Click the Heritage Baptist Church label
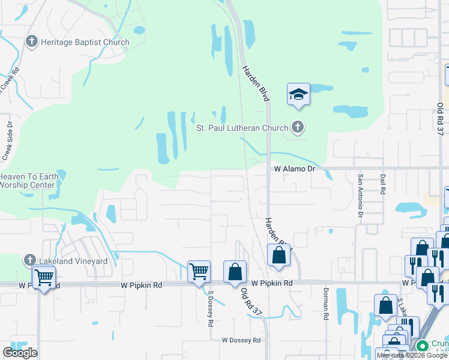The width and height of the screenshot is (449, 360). tap(85, 42)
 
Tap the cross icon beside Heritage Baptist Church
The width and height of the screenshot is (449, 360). tap(31, 42)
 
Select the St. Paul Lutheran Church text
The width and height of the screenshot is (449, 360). tap(243, 127)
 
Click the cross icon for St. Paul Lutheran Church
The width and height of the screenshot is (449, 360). tap(297, 127)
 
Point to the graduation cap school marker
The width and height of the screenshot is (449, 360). tap(298, 94)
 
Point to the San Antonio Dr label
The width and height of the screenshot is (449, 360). tap(361, 195)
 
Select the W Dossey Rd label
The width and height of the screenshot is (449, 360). tap(241, 340)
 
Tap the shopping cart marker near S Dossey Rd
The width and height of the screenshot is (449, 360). tap(199, 271)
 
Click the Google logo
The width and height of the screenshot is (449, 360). tap(20, 352)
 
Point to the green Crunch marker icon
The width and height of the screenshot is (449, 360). tap(423, 346)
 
